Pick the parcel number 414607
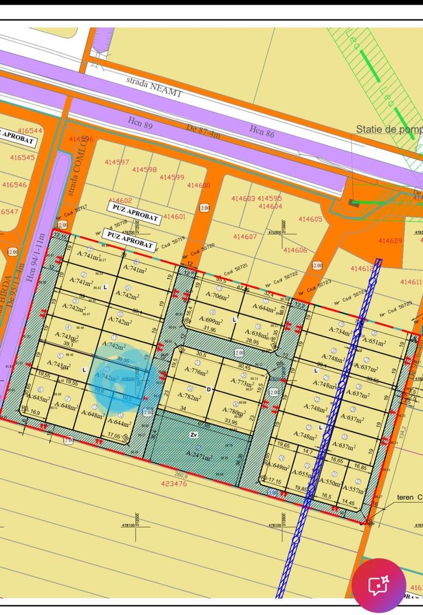245,236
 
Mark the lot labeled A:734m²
341,331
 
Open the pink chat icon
379,585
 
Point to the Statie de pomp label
389,129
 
